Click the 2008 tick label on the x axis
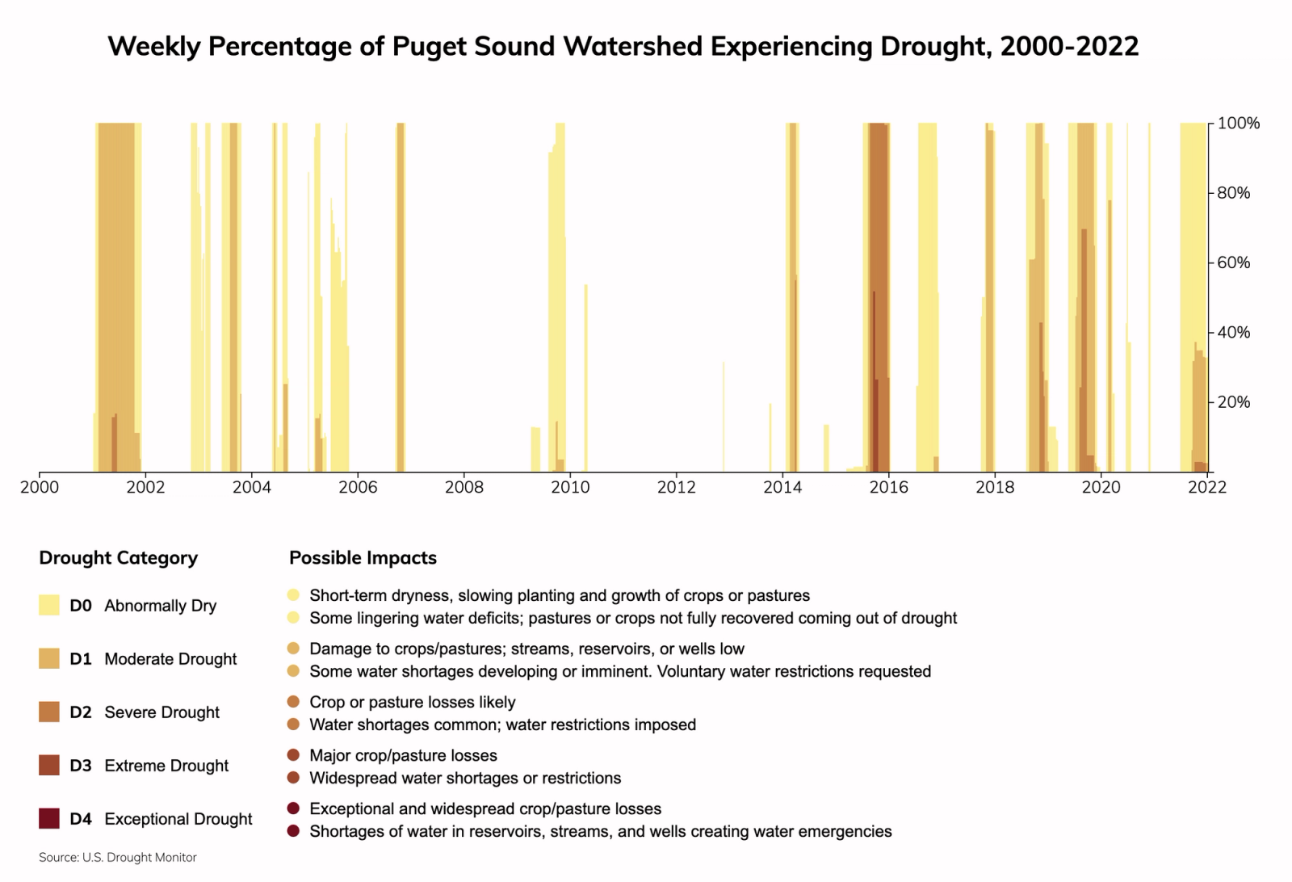tap(464, 487)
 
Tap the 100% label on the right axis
tap(1238, 124)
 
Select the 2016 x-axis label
tap(888, 487)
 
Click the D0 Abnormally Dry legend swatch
tap(49, 605)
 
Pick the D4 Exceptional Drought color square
tap(49, 818)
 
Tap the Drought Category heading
tap(118, 558)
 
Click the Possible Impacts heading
tap(363, 558)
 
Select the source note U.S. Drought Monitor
tap(118, 858)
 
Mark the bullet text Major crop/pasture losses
tap(403, 755)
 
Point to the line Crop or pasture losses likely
tap(412, 702)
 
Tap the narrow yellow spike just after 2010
tap(585, 380)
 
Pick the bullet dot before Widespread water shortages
tap(293, 778)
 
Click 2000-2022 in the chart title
tap(1069, 46)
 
